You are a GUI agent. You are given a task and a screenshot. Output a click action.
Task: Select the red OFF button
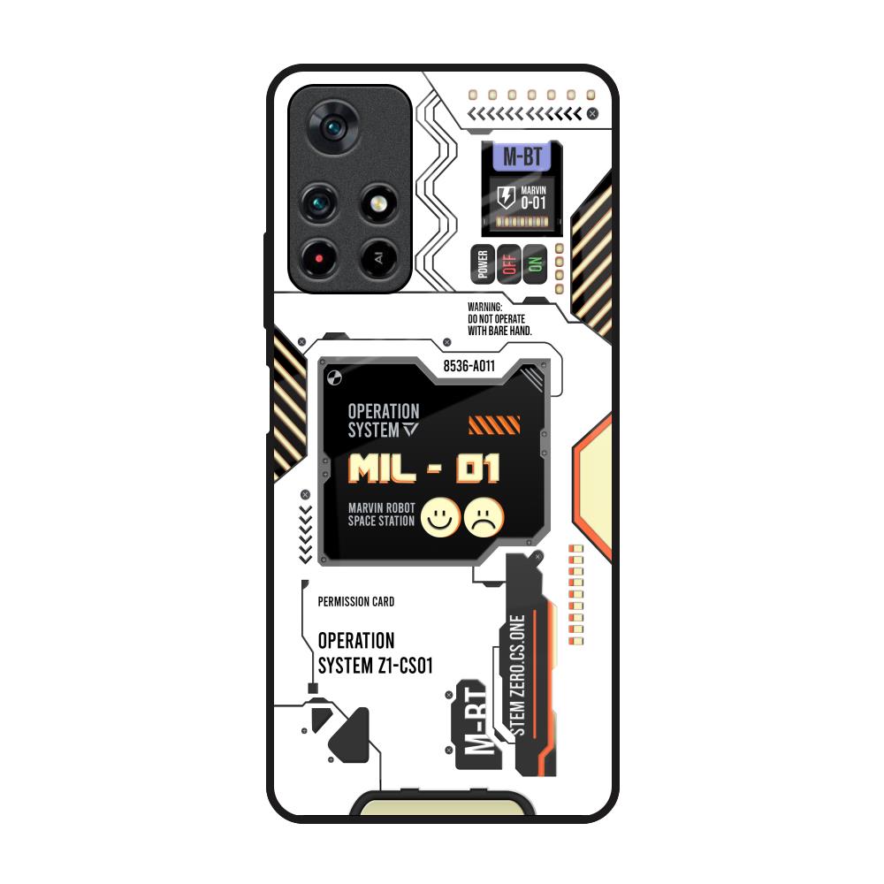click(x=508, y=263)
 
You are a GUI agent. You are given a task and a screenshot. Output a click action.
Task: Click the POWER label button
click(x=483, y=263)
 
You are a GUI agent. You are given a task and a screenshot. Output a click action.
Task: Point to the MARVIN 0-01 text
click(x=533, y=197)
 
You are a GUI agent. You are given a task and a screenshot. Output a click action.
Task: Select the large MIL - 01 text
click(x=424, y=468)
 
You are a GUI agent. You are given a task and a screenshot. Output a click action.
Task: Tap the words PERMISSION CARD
click(x=355, y=602)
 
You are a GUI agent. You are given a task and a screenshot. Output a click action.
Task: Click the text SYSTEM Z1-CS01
click(x=375, y=666)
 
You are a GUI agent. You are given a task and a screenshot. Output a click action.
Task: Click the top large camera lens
click(x=334, y=130)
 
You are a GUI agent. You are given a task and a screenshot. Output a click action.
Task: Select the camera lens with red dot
click(x=319, y=257)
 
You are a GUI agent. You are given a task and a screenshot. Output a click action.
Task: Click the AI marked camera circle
click(x=377, y=258)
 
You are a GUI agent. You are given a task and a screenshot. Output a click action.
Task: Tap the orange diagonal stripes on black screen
click(x=493, y=426)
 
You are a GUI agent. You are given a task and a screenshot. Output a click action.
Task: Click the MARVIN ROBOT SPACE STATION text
click(x=381, y=514)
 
